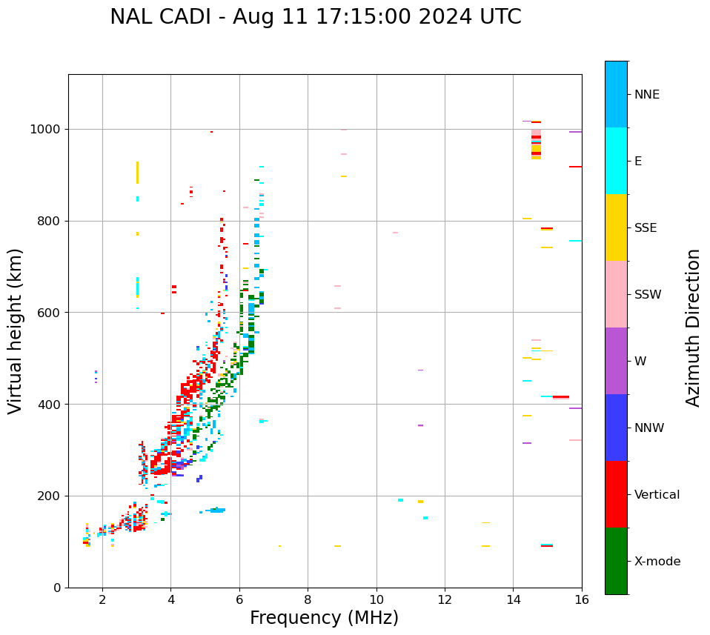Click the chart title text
pyautogui.click(x=316, y=17)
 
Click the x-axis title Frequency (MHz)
pyautogui.click(x=324, y=618)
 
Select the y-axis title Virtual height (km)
pyautogui.click(x=16, y=330)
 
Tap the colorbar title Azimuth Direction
pyautogui.click(x=693, y=328)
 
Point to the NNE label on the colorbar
pyautogui.click(x=646, y=95)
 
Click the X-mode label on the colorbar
pyautogui.click(x=657, y=562)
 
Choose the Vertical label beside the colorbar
pyautogui.click(x=657, y=495)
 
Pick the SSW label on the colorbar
pyautogui.click(x=647, y=295)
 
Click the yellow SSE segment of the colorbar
pyautogui.click(x=616, y=227)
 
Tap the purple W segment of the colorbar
pyautogui.click(x=616, y=361)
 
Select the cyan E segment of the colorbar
pyautogui.click(x=616, y=161)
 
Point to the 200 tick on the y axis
pyautogui.click(x=50, y=496)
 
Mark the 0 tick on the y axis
pyautogui.click(x=57, y=588)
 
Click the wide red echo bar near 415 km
pyautogui.click(x=561, y=397)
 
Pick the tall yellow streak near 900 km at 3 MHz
pyautogui.click(x=137, y=172)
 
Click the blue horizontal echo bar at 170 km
pyautogui.click(x=216, y=510)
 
